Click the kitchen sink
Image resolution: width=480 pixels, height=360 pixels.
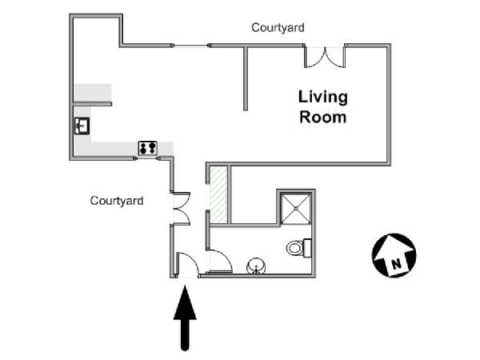click(x=82, y=126)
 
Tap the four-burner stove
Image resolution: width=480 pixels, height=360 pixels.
click(x=148, y=148)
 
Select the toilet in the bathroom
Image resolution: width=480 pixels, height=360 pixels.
click(x=299, y=248)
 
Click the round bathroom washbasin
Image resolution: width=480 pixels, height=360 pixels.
click(x=256, y=266)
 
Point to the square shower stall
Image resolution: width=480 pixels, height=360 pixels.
click(x=296, y=208)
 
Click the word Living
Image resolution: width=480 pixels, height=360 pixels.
click(x=323, y=98)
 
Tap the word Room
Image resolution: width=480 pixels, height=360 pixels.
click(x=323, y=118)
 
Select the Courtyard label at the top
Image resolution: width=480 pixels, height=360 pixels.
click(x=278, y=27)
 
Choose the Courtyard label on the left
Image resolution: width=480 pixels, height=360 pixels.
click(x=117, y=201)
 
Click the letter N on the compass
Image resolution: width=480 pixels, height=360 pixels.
click(x=397, y=263)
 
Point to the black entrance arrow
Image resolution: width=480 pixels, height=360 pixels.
click(x=185, y=318)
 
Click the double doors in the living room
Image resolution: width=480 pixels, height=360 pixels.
click(x=325, y=57)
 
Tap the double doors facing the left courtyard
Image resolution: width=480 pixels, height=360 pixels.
click(x=182, y=209)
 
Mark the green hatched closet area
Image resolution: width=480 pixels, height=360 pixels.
click(x=218, y=195)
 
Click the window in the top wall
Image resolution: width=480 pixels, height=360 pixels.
click(x=191, y=46)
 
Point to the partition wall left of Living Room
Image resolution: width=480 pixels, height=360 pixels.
click(x=246, y=78)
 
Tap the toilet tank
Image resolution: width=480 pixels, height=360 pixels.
click(x=307, y=248)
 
